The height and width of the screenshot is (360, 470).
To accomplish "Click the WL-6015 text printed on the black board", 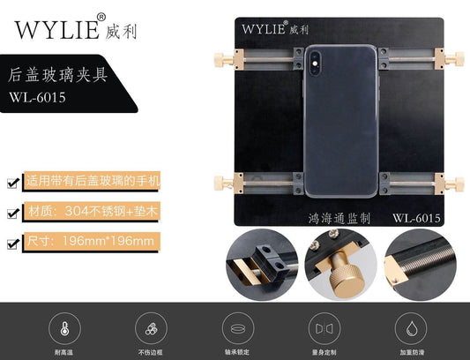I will click(415, 216).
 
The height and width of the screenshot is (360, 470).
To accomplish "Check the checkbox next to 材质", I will click(11, 213).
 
